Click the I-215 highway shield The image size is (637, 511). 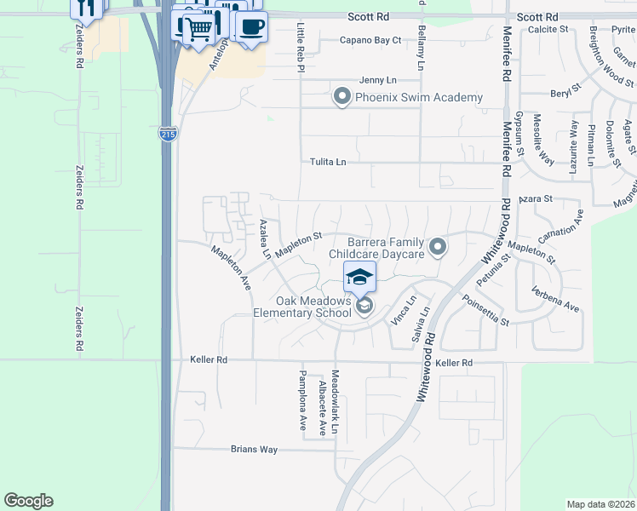coord(168,134)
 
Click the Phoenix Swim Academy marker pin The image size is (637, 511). coord(342,96)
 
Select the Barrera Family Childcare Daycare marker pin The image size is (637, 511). coord(438,247)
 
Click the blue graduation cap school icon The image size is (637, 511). coord(359,276)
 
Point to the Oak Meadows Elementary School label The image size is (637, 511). coord(302,307)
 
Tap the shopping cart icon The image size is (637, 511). coord(198,29)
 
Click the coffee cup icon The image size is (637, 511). coord(250,26)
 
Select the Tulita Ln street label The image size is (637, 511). coord(328,162)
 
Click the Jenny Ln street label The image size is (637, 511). coord(378,79)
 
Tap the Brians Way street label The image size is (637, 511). coord(255,449)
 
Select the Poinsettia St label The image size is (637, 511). coord(485,311)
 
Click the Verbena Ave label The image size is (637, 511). coord(557,300)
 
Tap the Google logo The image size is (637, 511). coord(29,501)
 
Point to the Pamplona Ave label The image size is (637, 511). coord(302,400)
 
